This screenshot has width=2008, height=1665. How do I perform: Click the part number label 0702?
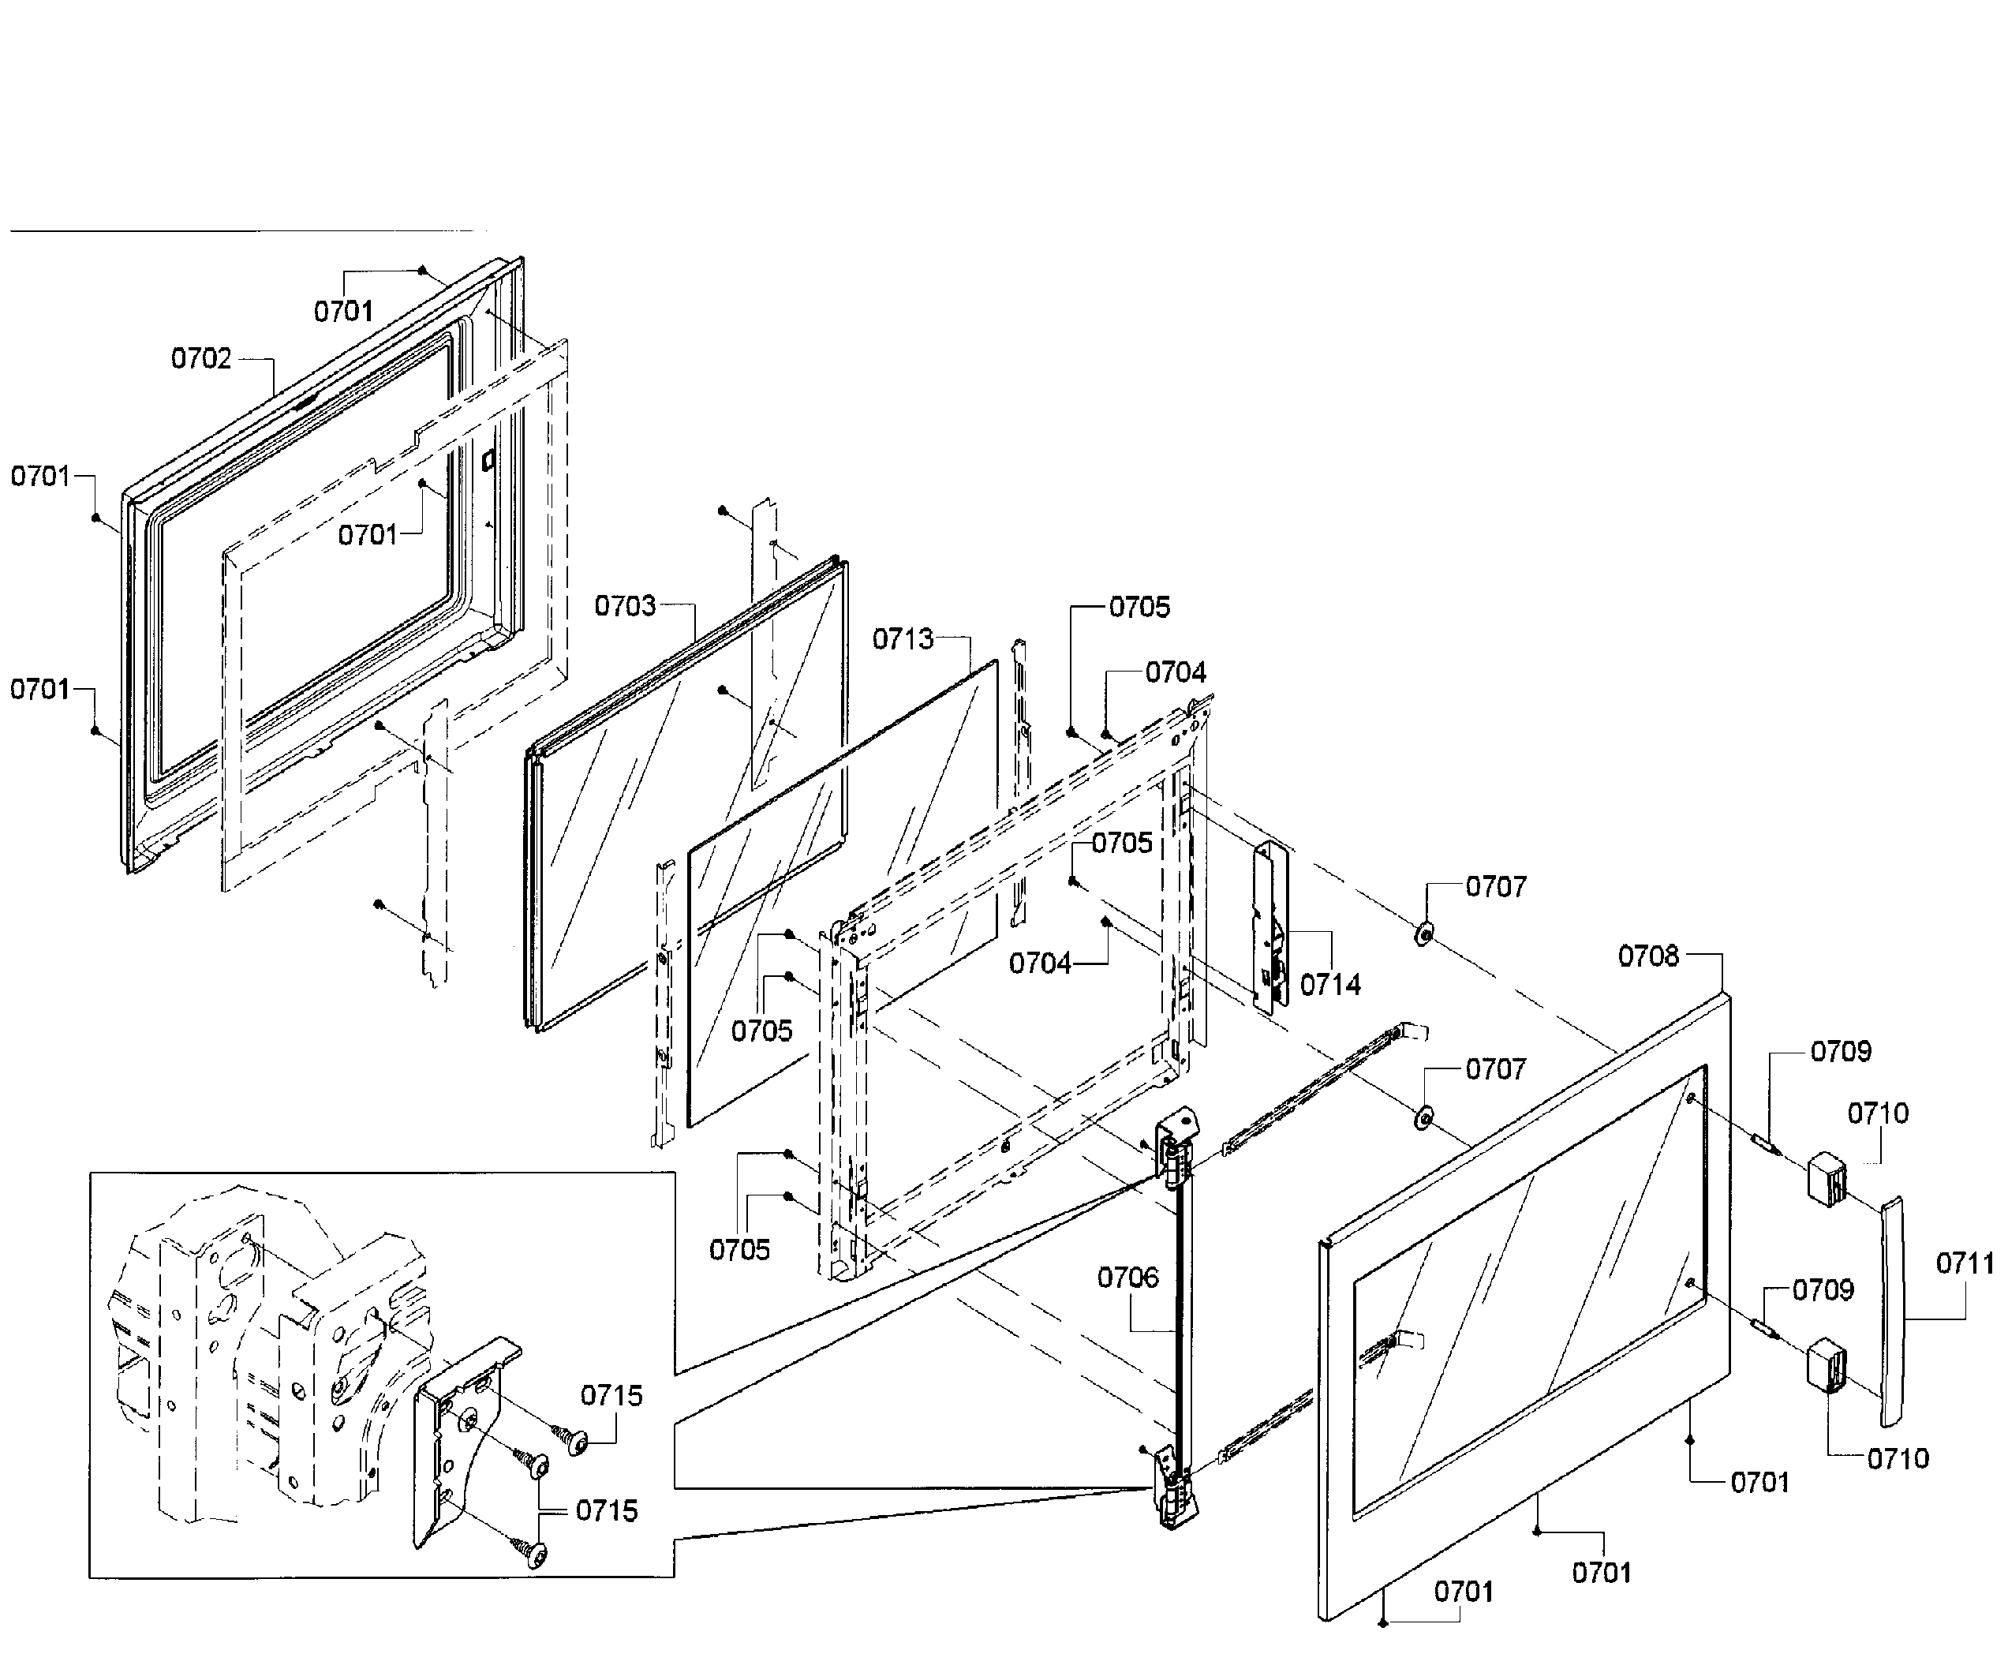pyautogui.click(x=200, y=358)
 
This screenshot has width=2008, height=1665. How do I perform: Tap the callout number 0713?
pyautogui.click(x=903, y=639)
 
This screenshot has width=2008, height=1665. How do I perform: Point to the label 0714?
pyautogui.click(x=1330, y=984)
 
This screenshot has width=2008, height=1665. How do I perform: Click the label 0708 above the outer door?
pyautogui.click(x=1647, y=956)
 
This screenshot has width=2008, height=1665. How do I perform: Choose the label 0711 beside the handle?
pyautogui.click(x=1965, y=1263)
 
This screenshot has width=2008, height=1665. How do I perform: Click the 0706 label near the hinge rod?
pyautogui.click(x=1127, y=1277)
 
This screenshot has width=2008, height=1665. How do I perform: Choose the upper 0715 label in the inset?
pyautogui.click(x=612, y=1395)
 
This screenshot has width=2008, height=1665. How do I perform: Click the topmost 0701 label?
pyautogui.click(x=343, y=311)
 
